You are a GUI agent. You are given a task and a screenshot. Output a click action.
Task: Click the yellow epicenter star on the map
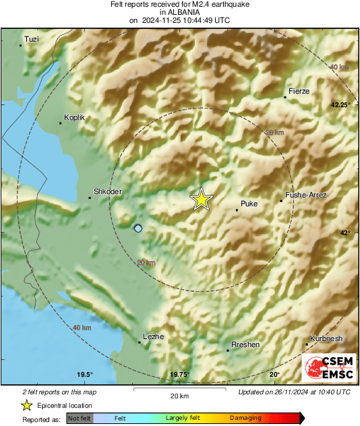201,200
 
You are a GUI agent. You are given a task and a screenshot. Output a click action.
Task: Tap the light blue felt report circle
138,229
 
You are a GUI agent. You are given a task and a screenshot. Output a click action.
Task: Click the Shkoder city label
107,192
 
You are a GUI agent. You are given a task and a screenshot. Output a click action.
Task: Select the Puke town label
249,203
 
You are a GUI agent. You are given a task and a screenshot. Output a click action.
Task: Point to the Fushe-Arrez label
306,195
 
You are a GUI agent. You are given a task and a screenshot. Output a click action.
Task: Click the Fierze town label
299,90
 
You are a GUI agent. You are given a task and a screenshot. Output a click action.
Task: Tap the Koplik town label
74,117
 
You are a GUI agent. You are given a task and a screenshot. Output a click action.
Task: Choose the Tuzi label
32,40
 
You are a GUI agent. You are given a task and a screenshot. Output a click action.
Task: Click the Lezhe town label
154,336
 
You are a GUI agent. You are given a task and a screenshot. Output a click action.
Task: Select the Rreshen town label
245,344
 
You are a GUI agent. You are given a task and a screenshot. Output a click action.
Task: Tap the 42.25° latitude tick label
340,105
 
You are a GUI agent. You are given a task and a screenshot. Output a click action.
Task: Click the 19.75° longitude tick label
179,375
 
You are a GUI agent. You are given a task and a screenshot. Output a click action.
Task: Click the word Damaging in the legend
245,418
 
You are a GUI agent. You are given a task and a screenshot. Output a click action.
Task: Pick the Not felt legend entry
78,418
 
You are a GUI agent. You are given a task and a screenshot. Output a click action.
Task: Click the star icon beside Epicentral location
26,405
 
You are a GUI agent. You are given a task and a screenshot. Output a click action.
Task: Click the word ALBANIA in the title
179,12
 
